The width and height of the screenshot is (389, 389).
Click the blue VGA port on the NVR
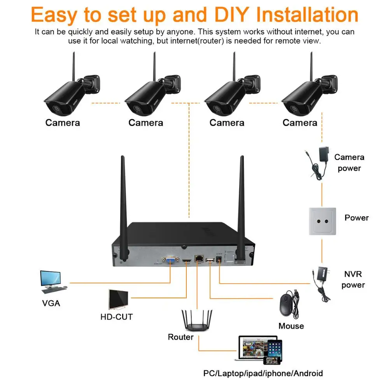click(170, 261)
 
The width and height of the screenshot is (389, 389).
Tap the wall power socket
click(322, 221)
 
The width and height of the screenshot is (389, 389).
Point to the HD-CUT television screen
click(119, 300)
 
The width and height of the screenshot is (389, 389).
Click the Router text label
click(180, 337)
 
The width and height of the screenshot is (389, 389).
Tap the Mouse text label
click(291, 326)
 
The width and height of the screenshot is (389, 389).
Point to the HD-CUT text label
click(116, 317)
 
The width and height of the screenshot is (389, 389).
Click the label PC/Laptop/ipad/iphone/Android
click(263, 373)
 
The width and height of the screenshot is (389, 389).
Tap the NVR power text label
click(353, 279)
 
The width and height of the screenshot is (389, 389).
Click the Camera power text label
click(349, 163)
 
